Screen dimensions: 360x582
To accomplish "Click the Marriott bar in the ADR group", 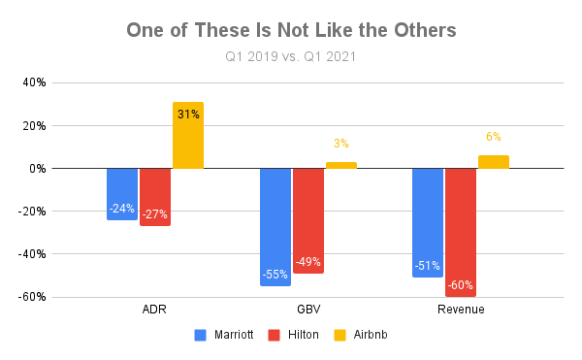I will click(122, 194).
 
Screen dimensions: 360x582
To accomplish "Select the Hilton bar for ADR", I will click(155, 197).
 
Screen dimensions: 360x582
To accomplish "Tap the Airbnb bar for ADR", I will click(188, 136).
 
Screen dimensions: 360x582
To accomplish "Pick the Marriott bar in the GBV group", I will click(275, 226).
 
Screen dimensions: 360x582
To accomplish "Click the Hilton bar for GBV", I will click(308, 220).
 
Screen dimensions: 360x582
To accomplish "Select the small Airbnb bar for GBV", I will click(341, 165).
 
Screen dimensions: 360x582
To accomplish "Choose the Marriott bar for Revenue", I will click(428, 222).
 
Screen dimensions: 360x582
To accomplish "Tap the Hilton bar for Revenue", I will click(461, 232).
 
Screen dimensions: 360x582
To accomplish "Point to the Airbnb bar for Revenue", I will click(494, 162).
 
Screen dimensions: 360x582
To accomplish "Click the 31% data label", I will click(188, 115).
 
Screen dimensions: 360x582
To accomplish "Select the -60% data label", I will click(461, 285).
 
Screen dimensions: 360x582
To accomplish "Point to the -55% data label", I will click(275, 275).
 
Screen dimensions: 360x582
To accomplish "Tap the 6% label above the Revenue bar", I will click(494, 138).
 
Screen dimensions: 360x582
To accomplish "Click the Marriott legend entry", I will click(230, 335).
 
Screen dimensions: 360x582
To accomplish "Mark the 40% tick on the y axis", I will click(34, 82).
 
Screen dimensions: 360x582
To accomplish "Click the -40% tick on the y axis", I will click(32, 254).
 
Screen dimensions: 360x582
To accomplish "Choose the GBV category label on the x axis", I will click(308, 310).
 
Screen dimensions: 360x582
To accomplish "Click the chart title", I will click(291, 30).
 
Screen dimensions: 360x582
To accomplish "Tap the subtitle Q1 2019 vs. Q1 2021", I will click(291, 56).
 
